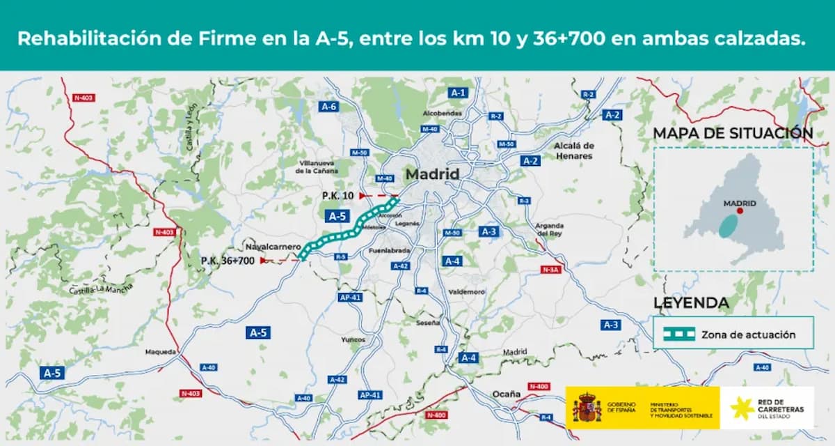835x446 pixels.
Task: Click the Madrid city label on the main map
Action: tap(432, 174)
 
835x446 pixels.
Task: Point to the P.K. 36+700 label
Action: tap(228, 261)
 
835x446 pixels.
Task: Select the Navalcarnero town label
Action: tap(273, 247)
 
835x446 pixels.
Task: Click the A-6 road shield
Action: tap(329, 107)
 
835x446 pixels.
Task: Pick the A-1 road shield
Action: tap(457, 92)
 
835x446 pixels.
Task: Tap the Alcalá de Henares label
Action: tap(574, 151)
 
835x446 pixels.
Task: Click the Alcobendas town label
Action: tap(442, 113)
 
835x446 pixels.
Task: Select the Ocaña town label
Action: tap(507, 394)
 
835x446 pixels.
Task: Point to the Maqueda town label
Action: tap(161, 352)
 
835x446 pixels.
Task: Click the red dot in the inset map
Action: tap(740, 210)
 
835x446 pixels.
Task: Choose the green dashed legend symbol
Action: tap(678, 334)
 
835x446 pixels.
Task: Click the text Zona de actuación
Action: tap(748, 334)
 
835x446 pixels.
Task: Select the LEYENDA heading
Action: tap(691, 303)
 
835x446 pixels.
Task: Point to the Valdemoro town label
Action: tap(467, 292)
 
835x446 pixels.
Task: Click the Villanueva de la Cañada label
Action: tap(317, 166)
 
